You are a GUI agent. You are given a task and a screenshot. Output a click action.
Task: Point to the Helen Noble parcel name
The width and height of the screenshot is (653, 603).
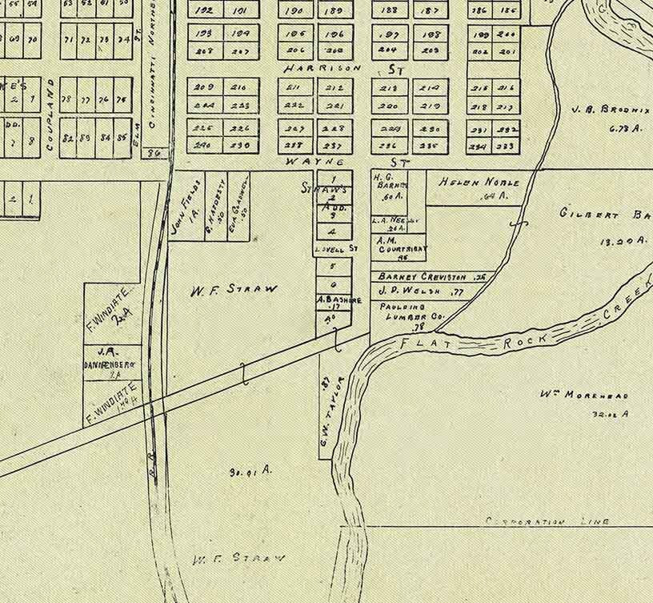click(479, 182)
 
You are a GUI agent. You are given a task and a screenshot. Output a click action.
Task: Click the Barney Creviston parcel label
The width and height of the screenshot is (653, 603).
click(423, 276)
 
